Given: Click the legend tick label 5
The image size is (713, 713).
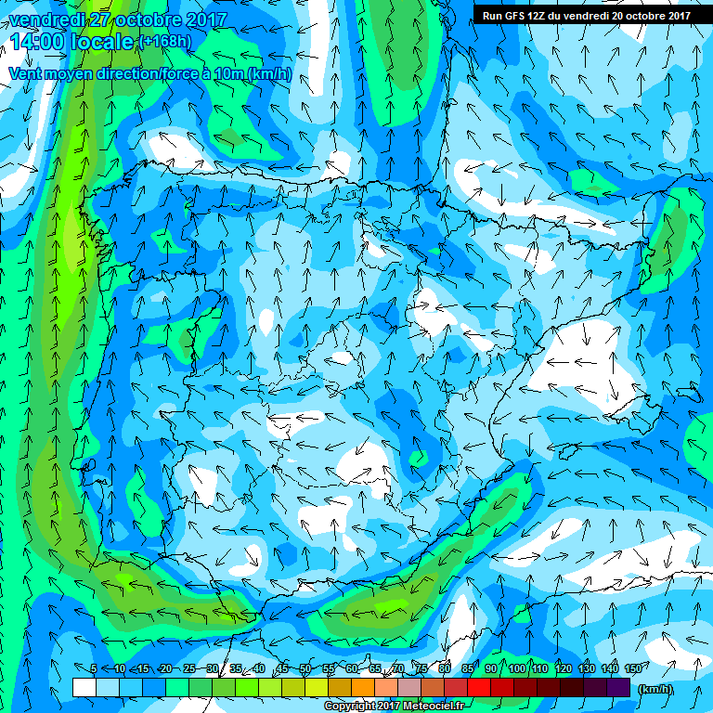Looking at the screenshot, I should point(94,669).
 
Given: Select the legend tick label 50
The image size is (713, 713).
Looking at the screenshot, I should point(305,669).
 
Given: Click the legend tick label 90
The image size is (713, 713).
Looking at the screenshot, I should point(491,669).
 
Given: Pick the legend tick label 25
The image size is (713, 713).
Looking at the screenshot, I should point(188,669).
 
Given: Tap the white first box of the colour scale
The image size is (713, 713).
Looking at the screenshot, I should point(84,688).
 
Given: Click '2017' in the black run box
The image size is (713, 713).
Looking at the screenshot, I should point(676,16).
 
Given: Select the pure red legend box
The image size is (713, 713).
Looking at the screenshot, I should point(479,688).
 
